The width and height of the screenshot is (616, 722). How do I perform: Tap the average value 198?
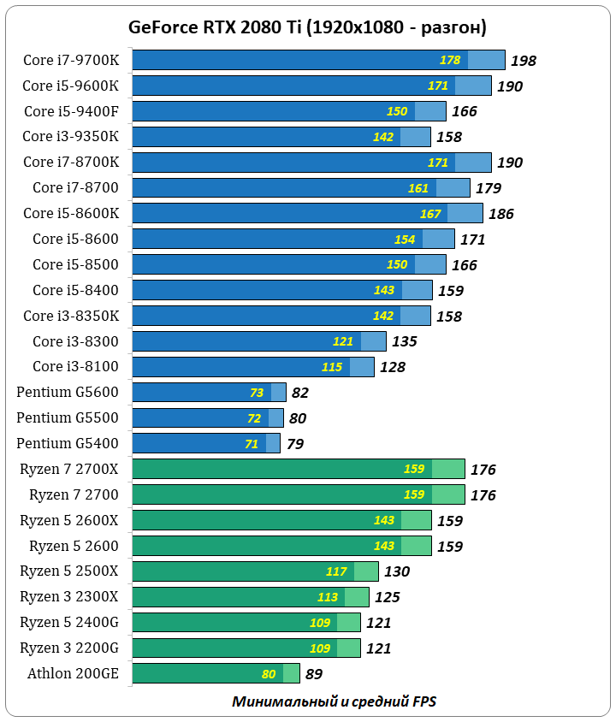[x=523, y=61]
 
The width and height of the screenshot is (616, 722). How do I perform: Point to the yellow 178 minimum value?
[x=450, y=60]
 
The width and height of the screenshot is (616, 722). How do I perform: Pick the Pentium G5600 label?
[x=68, y=393]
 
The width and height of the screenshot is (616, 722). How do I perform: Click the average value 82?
[x=299, y=394]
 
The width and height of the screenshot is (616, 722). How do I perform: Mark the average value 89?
[x=314, y=674]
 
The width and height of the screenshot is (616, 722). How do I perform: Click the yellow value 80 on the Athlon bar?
[x=269, y=674]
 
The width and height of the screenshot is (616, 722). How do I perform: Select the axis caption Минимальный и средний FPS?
[x=335, y=701]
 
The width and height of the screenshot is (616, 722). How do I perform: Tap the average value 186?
[x=501, y=214]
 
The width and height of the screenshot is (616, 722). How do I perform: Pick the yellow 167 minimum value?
[x=430, y=214]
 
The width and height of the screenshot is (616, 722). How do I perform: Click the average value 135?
[x=404, y=342]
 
